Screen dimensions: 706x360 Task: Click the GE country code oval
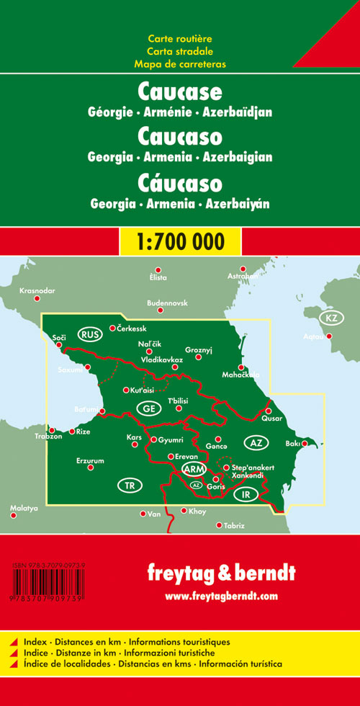[147, 408]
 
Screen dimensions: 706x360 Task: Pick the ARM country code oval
[194, 470]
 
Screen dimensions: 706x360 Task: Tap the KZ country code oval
[330, 318]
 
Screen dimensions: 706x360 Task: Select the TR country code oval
[130, 486]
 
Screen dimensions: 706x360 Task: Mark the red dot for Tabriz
[219, 525]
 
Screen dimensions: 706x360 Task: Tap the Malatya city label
[24, 509]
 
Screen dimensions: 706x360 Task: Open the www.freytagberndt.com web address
[221, 596]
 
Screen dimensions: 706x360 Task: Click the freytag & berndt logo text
[221, 574]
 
